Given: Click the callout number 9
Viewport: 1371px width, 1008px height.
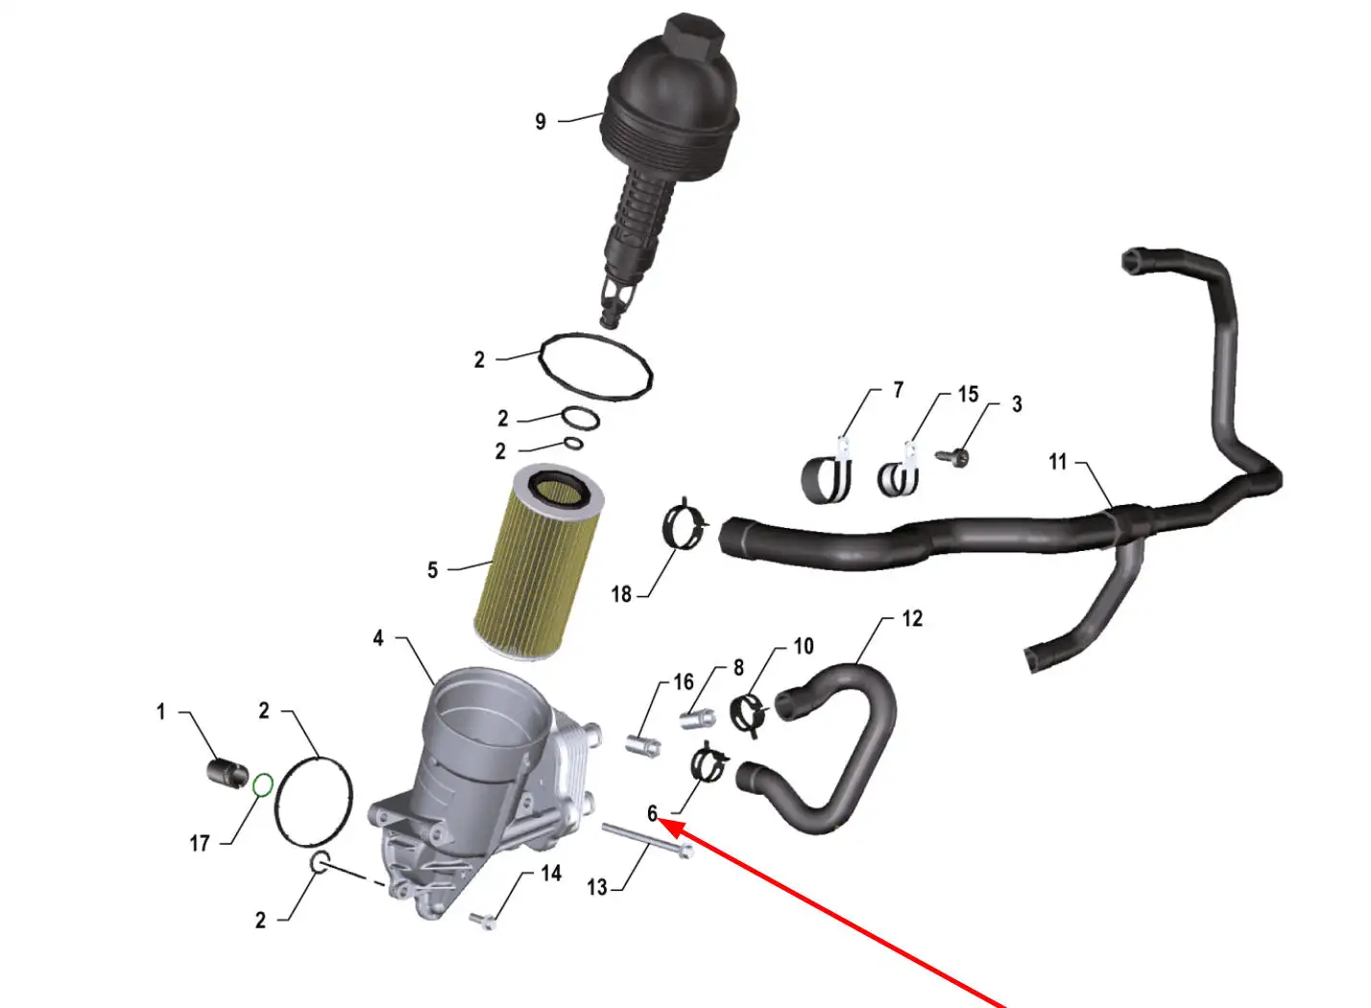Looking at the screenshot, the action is click(x=541, y=121).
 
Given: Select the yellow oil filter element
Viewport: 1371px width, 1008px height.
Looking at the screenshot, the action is click(x=540, y=562).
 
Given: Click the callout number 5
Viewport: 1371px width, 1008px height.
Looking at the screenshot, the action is click(x=433, y=570).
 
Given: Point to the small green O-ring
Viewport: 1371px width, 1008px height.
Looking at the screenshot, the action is click(x=262, y=785).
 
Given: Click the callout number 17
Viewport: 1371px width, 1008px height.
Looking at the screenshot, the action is click(x=200, y=844).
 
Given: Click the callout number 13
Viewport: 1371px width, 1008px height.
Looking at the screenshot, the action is click(x=597, y=887).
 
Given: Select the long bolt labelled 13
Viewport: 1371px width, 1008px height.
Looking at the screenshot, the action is click(x=647, y=841).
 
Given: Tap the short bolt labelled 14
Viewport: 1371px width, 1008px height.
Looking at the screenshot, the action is click(x=483, y=920).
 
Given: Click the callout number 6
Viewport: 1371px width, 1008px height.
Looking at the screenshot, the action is click(x=653, y=814).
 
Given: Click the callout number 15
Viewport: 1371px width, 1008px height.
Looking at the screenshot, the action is click(x=969, y=395).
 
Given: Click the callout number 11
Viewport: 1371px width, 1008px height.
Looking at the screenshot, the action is click(x=1058, y=462).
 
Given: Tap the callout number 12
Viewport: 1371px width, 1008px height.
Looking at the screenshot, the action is click(x=912, y=619).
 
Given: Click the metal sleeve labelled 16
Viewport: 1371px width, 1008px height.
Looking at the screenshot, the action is click(x=642, y=747).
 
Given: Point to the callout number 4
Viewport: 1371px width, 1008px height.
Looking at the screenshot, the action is click(x=378, y=638).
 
